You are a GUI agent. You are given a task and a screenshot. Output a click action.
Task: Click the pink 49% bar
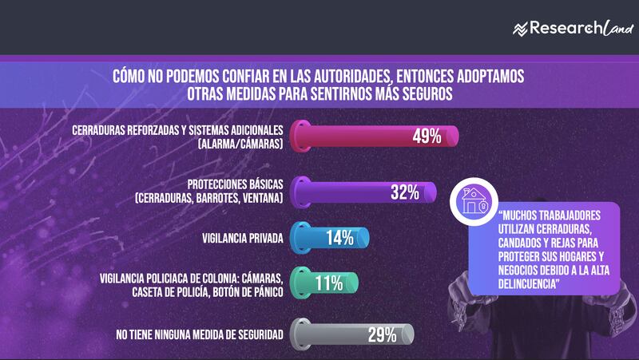(x=375, y=136)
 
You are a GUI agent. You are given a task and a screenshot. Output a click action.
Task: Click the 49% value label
(x=427, y=136)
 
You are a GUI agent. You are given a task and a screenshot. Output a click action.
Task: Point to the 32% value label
(x=405, y=192)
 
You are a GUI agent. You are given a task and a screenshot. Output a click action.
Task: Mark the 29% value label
(x=382, y=334)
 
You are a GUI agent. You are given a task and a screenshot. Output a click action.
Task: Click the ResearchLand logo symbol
(x=521, y=29)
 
